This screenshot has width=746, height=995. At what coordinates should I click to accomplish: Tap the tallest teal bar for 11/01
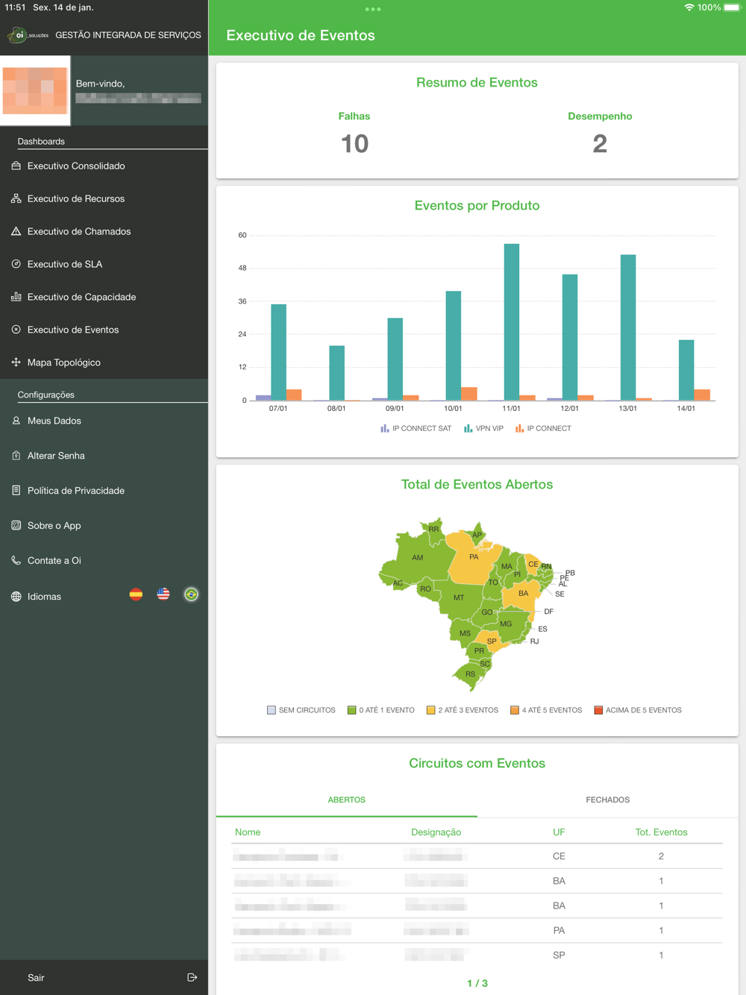[511, 321]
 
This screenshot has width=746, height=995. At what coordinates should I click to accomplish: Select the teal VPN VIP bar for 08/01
[336, 373]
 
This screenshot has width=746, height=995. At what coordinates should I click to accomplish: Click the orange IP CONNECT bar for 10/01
[469, 394]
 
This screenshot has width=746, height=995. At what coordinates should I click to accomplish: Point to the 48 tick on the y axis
[242, 268]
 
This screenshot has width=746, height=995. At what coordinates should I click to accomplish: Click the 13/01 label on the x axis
[628, 409]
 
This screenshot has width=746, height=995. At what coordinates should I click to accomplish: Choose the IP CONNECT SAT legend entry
[416, 429]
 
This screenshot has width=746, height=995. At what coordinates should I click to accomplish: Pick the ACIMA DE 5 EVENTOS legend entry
[638, 710]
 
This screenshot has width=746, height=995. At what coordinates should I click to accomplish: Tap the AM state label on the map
[418, 557]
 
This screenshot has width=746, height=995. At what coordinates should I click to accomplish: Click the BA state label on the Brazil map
[523, 594]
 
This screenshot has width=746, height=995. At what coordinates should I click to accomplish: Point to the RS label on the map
[470, 674]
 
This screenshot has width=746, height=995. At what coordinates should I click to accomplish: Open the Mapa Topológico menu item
[64, 362]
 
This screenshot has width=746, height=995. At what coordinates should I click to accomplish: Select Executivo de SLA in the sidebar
[65, 264]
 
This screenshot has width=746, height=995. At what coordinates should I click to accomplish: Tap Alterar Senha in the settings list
[56, 456]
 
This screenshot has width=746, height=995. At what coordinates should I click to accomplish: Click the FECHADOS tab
[607, 800]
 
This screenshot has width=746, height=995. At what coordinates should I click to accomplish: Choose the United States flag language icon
[163, 594]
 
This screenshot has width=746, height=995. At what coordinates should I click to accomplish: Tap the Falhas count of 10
[354, 143]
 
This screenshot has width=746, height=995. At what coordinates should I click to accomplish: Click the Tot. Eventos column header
[661, 832]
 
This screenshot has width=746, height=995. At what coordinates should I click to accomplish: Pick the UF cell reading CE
[559, 856]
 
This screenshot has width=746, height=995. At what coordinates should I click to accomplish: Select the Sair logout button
[36, 977]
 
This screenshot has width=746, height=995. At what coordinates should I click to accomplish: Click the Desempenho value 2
[600, 143]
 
